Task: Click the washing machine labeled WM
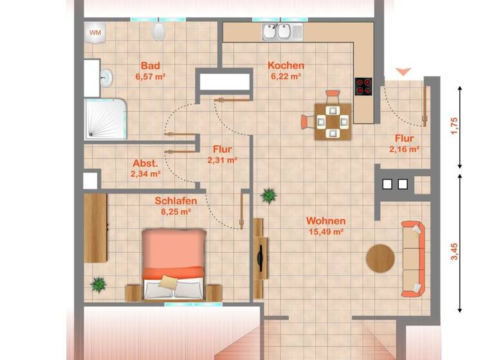coord(95,32)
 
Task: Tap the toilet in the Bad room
coord(159,32)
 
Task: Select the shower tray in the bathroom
coord(105,120)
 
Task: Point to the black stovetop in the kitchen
coord(363,86)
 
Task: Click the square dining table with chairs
coord(333,120)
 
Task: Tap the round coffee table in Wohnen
coord(380,258)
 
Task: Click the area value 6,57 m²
coord(151,76)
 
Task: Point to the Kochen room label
coord(286,66)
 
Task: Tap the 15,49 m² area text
coord(325,232)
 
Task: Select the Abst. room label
coord(145,163)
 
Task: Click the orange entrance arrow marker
coord(402,71)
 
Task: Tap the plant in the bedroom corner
coord(98,283)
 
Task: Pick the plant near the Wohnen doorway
coord(269,195)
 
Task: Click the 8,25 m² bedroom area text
coord(176,211)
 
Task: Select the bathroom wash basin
coord(106,78)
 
